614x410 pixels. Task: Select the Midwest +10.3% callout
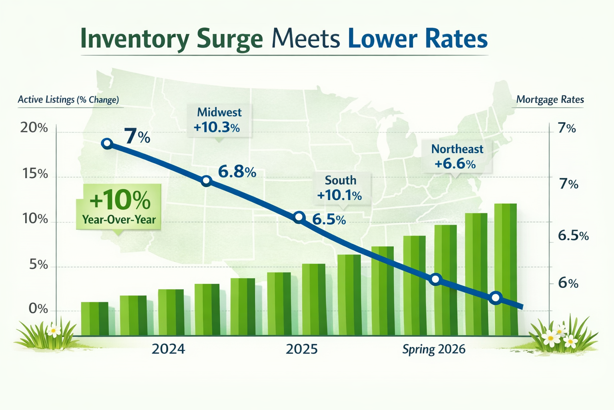click(x=219, y=120)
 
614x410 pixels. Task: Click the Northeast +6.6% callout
click(x=457, y=157)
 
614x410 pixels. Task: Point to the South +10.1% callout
click(x=340, y=188)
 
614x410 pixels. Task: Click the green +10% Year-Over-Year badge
click(x=119, y=207)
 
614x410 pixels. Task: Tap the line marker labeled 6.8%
click(x=206, y=181)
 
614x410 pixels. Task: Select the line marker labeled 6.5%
click(x=299, y=217)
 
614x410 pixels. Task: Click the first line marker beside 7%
click(x=107, y=143)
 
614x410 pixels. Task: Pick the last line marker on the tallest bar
click(x=496, y=297)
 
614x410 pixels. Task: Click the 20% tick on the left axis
click(x=34, y=128)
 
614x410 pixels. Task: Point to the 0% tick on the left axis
click(x=38, y=309)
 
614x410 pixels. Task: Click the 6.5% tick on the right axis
click(x=573, y=235)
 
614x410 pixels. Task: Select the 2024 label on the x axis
click(x=168, y=349)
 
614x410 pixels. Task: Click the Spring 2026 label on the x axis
click(x=434, y=349)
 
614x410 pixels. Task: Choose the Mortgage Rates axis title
click(x=550, y=100)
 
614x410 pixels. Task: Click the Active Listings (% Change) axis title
click(x=68, y=100)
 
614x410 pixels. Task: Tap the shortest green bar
click(x=94, y=318)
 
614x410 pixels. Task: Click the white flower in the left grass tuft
click(x=53, y=330)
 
